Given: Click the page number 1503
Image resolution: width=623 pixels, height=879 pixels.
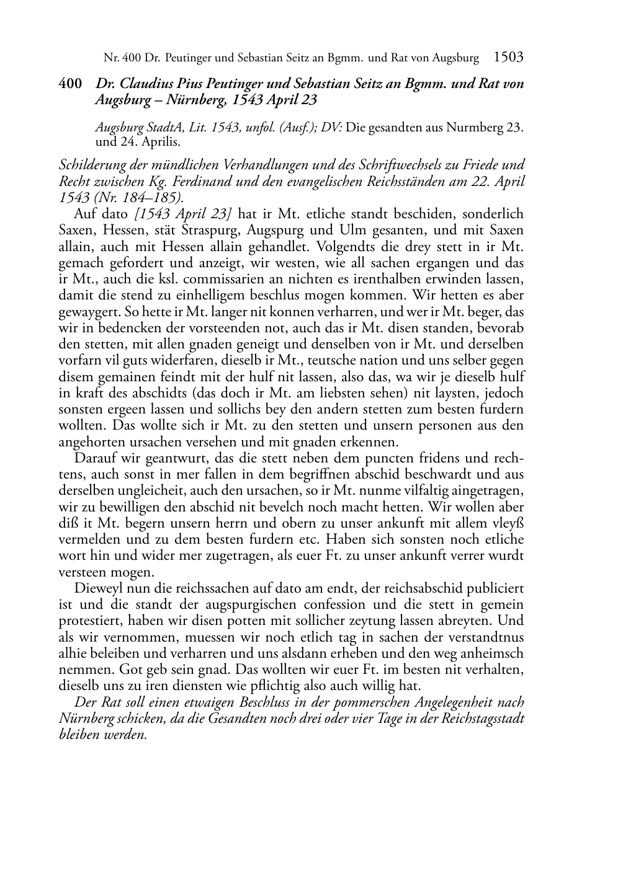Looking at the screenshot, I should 508,58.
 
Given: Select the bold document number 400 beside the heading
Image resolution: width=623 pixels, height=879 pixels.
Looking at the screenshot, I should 70,83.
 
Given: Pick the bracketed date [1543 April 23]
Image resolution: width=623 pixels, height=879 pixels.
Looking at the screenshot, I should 184,214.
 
